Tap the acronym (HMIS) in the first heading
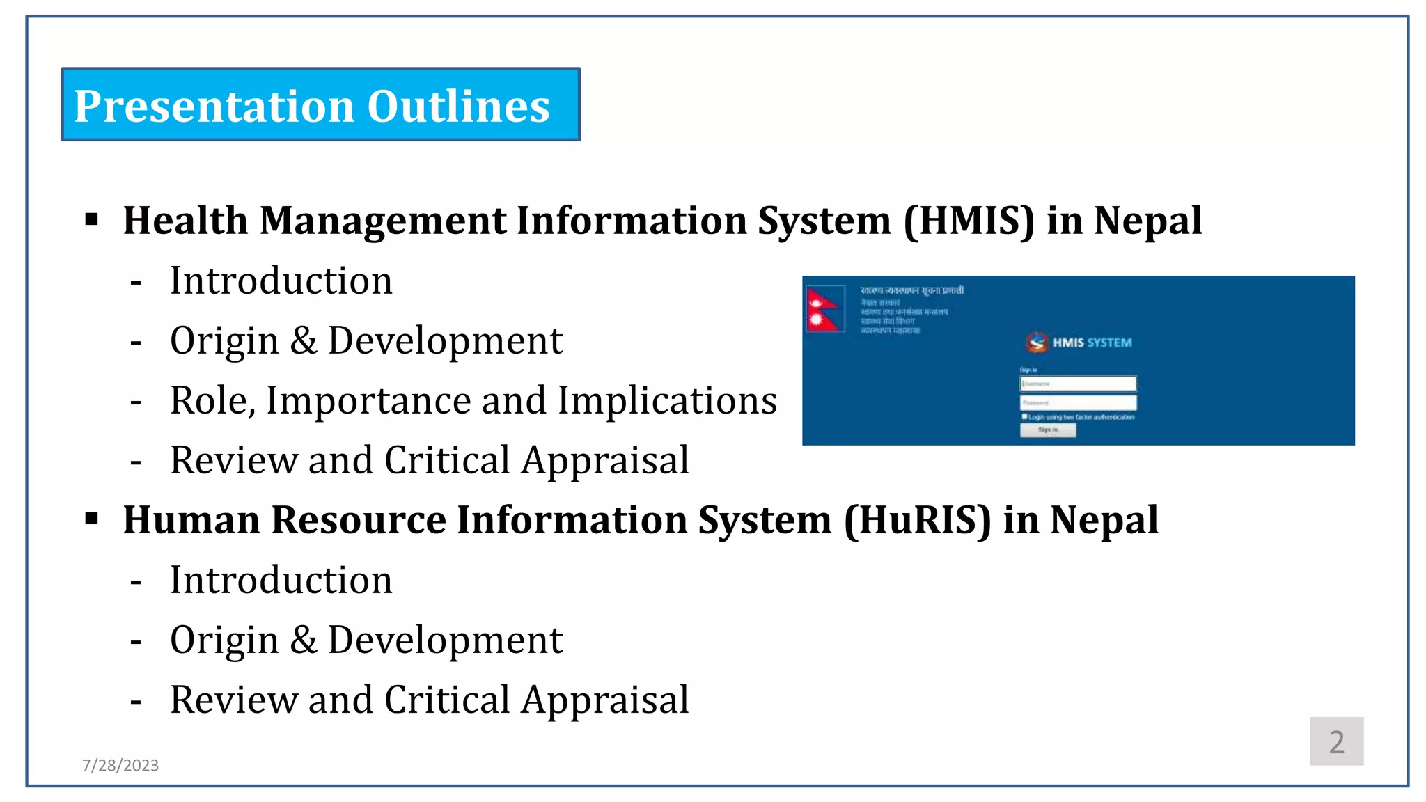(x=969, y=221)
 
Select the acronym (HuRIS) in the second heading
(x=917, y=520)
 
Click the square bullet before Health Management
(x=92, y=221)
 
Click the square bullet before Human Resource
(x=92, y=519)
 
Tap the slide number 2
(x=1335, y=742)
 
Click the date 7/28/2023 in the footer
(x=120, y=765)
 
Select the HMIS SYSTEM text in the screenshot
(x=1091, y=343)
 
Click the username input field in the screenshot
(x=1078, y=384)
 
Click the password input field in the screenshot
(x=1078, y=402)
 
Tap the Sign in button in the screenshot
(x=1047, y=430)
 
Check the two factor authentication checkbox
(x=1024, y=416)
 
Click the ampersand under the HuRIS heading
(x=303, y=640)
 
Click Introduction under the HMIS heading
(x=281, y=281)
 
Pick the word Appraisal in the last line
(x=605, y=700)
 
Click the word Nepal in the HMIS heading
(x=1147, y=221)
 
